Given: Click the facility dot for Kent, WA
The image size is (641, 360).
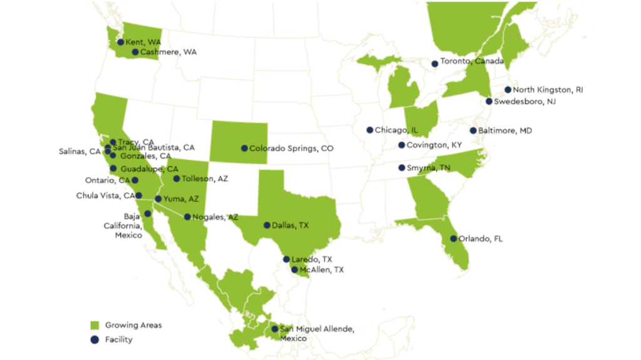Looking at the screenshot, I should [x=121, y=42].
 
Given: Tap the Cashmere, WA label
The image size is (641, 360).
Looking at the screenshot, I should [x=168, y=53].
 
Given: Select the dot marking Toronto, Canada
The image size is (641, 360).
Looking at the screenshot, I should [x=434, y=64].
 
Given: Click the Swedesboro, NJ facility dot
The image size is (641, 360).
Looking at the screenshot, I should [x=489, y=101].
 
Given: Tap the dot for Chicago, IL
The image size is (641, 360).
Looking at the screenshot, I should [x=370, y=130].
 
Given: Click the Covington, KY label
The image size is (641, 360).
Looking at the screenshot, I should [x=434, y=145].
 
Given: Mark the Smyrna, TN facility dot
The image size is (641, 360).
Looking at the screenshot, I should [x=402, y=168].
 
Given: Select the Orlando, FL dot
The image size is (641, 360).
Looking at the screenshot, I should [x=454, y=239].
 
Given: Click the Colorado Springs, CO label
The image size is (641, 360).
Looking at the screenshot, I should [x=291, y=149].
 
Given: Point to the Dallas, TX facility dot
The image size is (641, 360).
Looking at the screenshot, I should [x=267, y=225].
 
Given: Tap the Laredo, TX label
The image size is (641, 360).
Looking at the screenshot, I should [x=311, y=259].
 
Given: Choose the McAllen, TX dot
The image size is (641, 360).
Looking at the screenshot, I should [x=295, y=270].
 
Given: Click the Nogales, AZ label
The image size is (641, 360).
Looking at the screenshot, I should [x=215, y=217].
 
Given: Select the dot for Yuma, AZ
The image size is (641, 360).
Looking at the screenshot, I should [x=158, y=199].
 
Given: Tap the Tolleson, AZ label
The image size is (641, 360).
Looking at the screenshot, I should [x=205, y=179].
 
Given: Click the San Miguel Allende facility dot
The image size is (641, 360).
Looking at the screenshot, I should [x=274, y=329].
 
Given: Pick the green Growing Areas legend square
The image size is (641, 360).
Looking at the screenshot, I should [x=95, y=325].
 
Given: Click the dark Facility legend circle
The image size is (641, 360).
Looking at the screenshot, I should [x=95, y=340].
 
